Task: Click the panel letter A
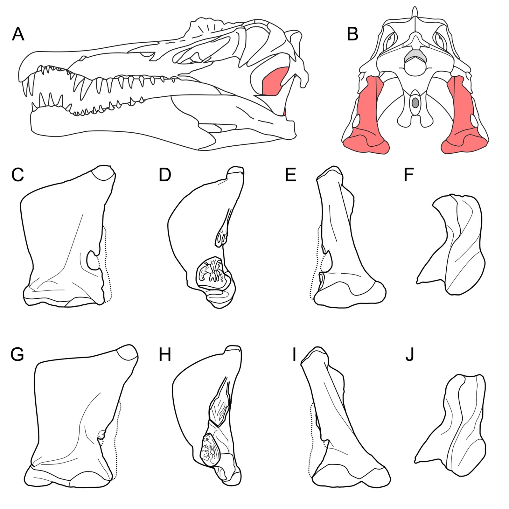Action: click(18, 34)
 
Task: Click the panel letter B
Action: click(353, 34)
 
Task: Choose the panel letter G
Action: click(17, 354)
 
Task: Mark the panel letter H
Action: click(165, 354)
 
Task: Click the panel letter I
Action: click(295, 354)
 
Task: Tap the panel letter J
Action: click(410, 354)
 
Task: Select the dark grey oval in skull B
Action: click(415, 103)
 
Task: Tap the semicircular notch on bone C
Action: click(93, 260)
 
